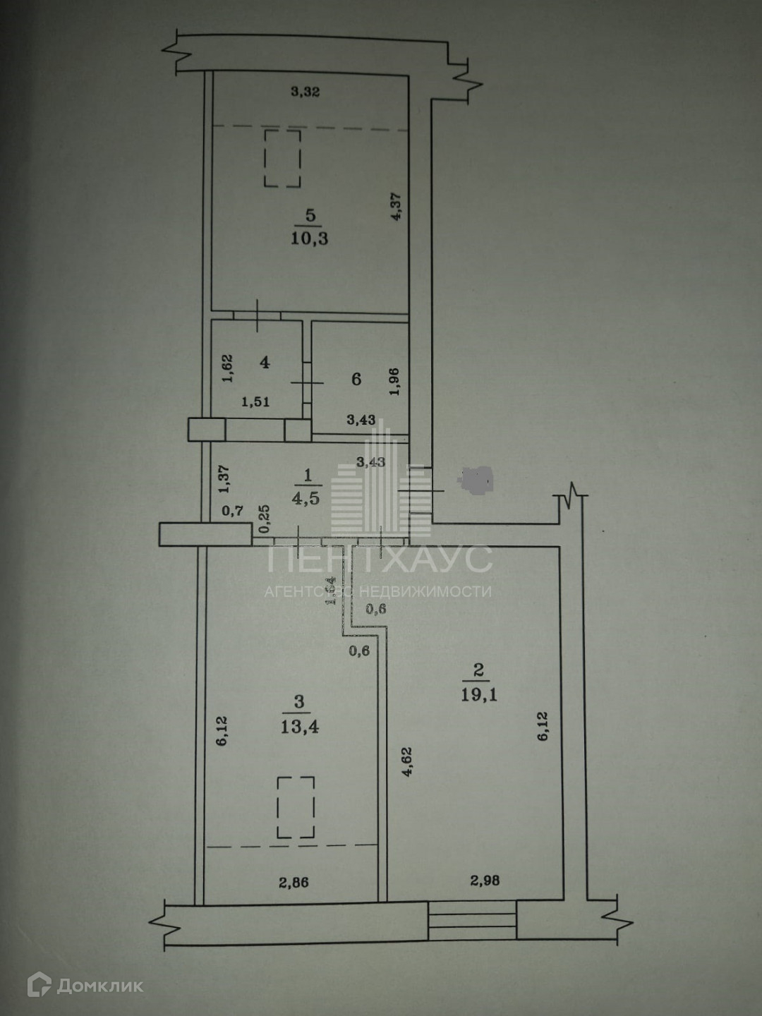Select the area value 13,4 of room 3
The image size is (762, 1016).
tap(300, 726)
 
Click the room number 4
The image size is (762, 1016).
tap(265, 363)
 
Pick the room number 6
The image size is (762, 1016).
tap(356, 380)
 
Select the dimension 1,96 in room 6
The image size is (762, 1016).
tap(394, 381)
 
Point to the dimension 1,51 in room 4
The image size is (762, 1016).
tap(256, 402)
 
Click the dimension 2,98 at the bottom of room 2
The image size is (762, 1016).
tap(485, 880)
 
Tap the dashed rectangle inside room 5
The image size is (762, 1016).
tap(283, 158)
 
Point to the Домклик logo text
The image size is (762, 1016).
tap(99, 985)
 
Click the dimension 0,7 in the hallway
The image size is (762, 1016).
tap(233, 510)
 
